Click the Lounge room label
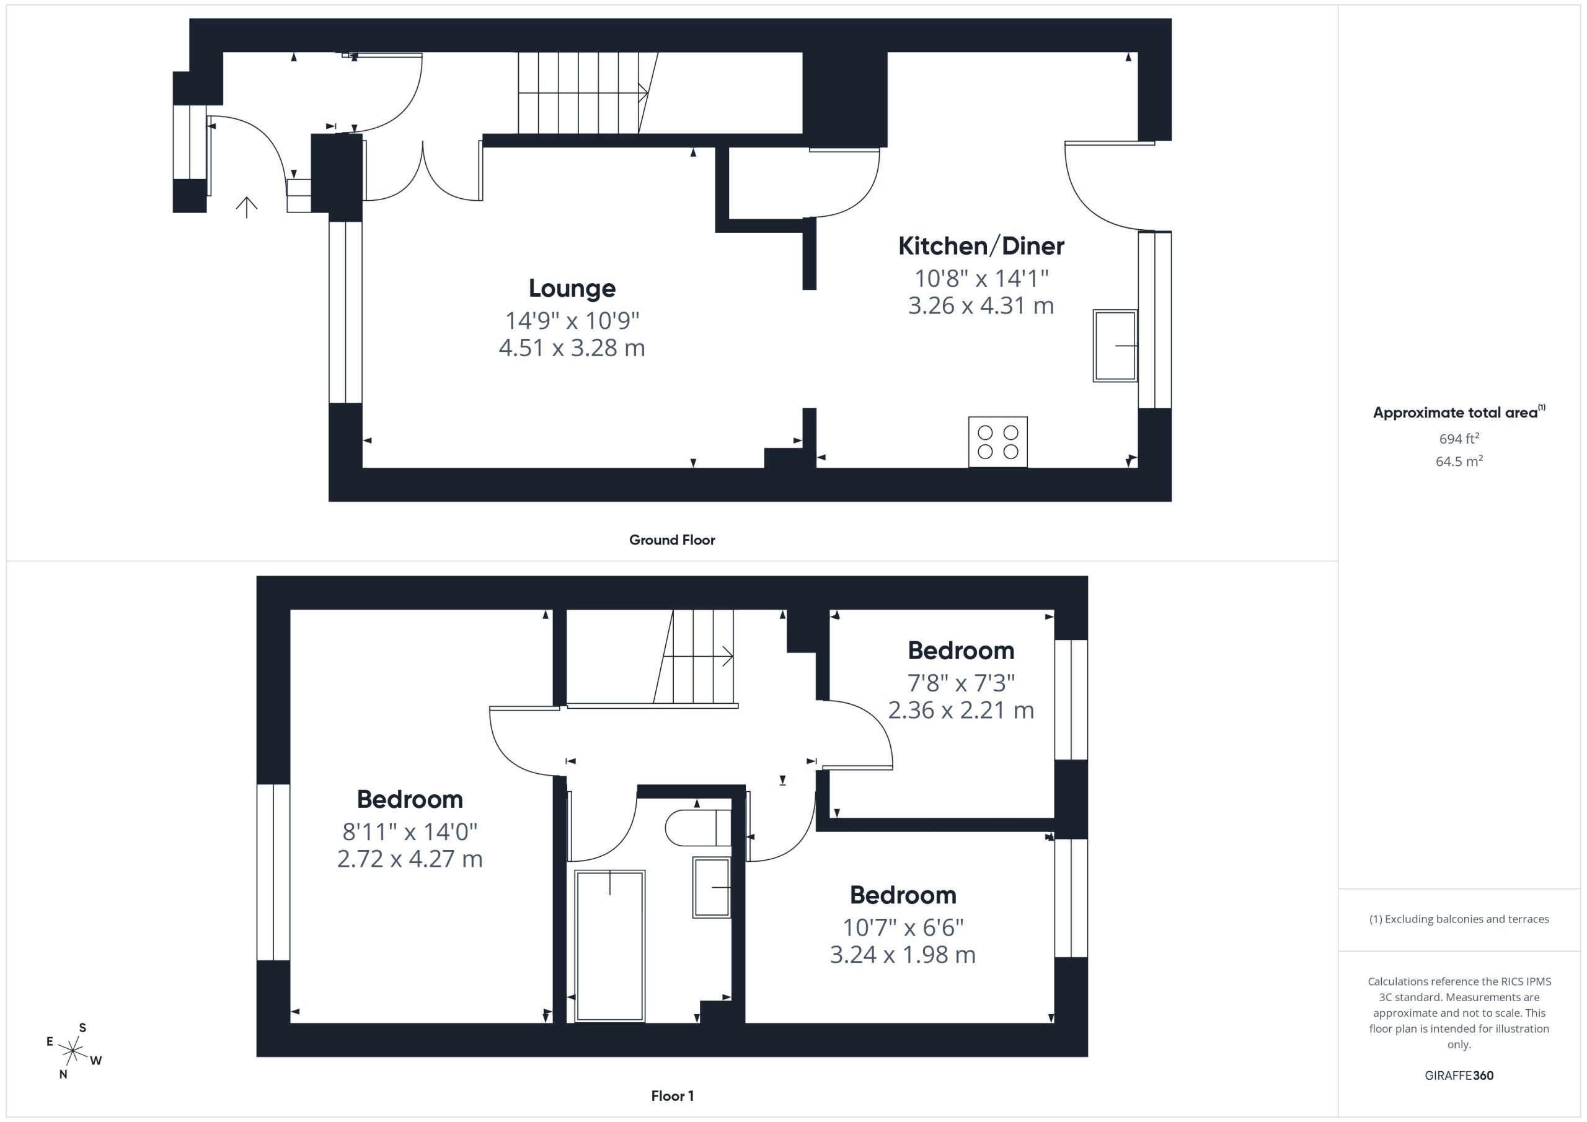click(572, 289)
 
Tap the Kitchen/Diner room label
click(981, 246)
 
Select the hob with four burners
click(997, 442)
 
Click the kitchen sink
click(1115, 346)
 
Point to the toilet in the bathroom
click(698, 827)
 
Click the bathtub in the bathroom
click(609, 945)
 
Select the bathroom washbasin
click(712, 887)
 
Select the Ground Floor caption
click(672, 540)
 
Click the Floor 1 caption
click(672, 1096)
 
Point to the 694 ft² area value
click(1459, 439)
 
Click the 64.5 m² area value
click(1459, 462)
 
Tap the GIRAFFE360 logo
click(1459, 1076)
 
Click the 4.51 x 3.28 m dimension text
click(572, 348)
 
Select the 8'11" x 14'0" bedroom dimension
click(410, 832)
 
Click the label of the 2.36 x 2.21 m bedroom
click(961, 651)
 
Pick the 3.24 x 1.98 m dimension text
click(903, 955)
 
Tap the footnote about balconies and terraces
click(1459, 919)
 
